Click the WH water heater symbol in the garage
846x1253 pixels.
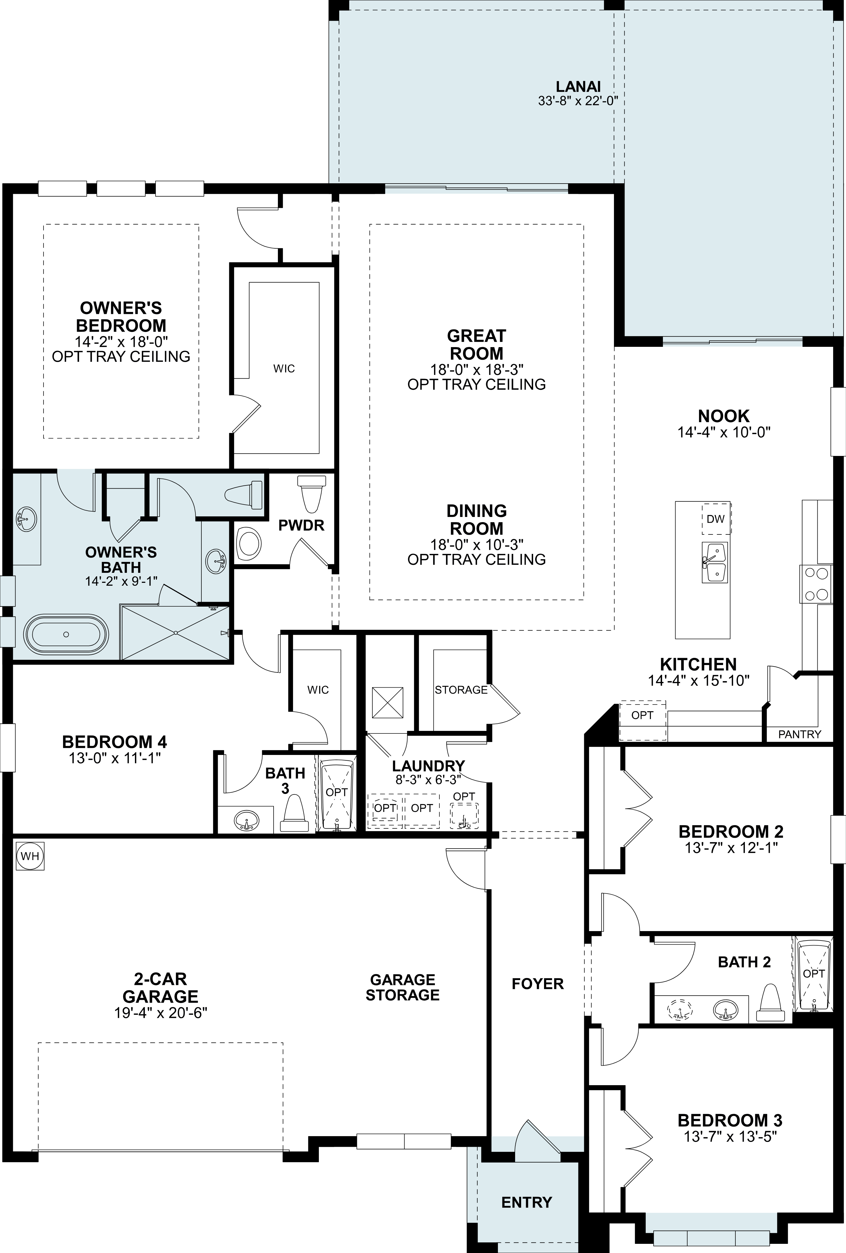30,856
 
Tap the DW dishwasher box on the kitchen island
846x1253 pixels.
716,519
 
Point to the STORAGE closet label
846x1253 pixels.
461,690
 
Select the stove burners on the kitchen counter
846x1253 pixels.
816,584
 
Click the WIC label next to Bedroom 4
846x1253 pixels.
318,690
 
